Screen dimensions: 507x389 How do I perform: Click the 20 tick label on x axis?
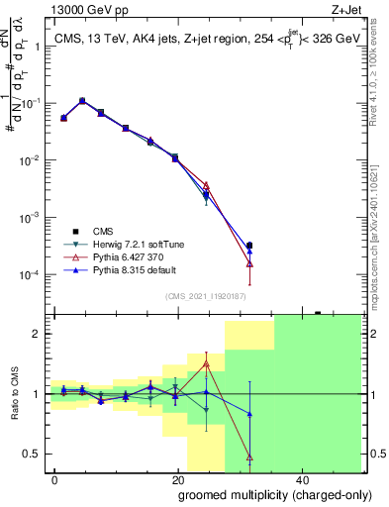pos(177,478)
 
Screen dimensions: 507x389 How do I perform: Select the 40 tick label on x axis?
pos(300,478)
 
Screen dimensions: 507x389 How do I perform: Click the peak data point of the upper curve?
pos(82,100)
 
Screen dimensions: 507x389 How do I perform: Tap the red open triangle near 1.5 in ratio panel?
pos(206,363)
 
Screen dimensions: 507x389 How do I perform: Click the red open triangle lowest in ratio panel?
pos(249,457)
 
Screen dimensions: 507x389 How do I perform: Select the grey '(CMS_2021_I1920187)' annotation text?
pos(206,295)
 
